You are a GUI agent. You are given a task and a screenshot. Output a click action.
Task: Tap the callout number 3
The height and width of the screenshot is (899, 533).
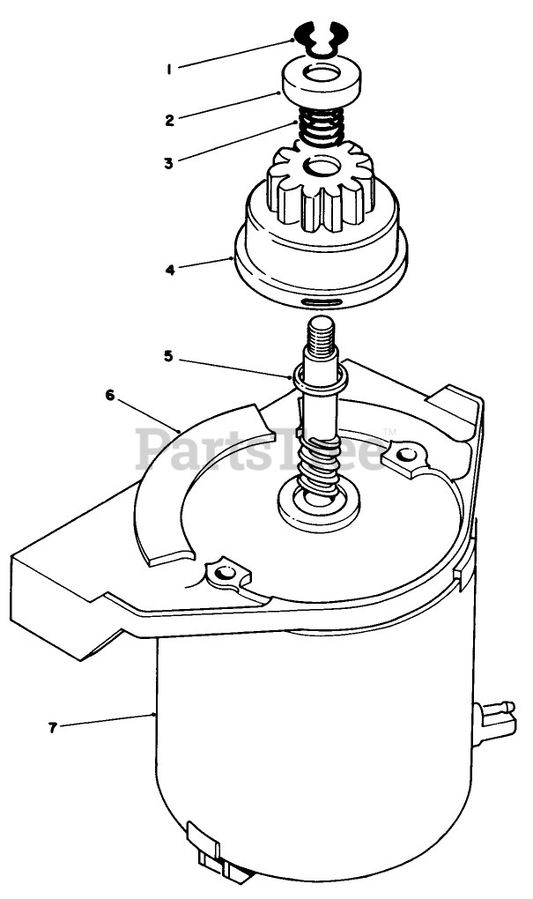[x=168, y=162]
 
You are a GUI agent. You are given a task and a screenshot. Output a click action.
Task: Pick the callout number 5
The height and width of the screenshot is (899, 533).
[x=168, y=356]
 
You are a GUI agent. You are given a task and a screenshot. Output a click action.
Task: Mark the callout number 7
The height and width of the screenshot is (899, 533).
[x=54, y=727]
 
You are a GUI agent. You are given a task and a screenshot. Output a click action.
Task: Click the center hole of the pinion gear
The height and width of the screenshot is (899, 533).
[x=318, y=166]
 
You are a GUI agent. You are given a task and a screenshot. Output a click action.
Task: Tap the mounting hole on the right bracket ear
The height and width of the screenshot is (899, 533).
[x=404, y=456]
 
